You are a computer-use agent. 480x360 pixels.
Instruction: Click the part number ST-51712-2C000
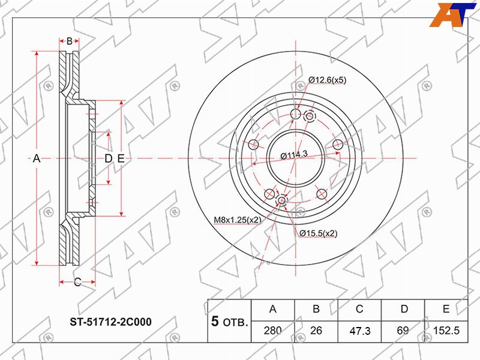tap(111, 322)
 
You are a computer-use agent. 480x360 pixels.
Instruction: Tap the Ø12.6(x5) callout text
tap(328, 80)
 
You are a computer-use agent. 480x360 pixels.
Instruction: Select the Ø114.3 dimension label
tap(294, 155)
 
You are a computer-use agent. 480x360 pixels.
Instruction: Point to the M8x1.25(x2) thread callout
tap(238, 220)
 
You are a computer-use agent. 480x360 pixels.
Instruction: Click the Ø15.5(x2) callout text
tap(319, 233)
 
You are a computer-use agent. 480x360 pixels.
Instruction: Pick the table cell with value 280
tap(273, 331)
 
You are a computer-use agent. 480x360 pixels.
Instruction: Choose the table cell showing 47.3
tap(359, 331)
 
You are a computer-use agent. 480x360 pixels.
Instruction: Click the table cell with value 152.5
tap(446, 331)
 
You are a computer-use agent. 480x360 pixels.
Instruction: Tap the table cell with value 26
tap(316, 331)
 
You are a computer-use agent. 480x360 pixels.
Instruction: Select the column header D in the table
tap(404, 309)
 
